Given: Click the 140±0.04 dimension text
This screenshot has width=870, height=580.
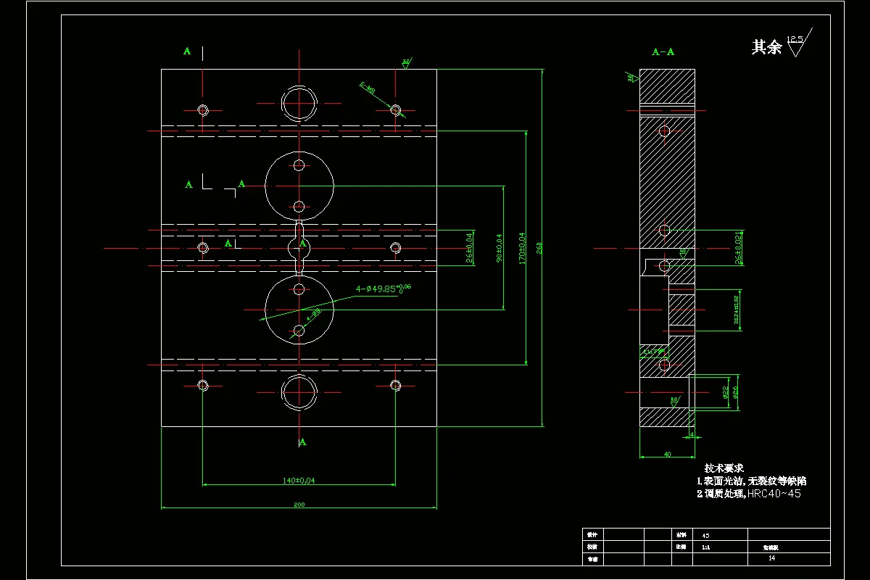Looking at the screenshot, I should pos(299,479).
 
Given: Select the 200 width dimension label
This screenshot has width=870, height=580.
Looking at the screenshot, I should pos(299,505).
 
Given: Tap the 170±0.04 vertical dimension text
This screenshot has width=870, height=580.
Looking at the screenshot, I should pos(522,247).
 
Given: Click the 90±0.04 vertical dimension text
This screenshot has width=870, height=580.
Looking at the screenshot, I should pos(500,247).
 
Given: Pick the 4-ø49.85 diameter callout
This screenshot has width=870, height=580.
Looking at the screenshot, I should pos(383,288).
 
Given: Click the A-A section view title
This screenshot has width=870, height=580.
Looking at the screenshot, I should pos(663,51).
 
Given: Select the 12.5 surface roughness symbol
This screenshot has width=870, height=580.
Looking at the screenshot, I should pos(798,43).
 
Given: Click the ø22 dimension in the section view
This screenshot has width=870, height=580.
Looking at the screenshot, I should pos(726,393).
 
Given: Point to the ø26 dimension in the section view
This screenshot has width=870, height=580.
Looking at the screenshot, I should pos(735,393).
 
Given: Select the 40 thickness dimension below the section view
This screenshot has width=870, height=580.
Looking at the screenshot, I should pos(667,454).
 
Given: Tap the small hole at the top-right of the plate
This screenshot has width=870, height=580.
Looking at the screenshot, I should pos(395,109).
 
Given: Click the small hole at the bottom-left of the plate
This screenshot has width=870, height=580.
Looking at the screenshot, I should pos(203,385).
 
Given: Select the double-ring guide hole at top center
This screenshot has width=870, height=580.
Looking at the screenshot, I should pos(299,103).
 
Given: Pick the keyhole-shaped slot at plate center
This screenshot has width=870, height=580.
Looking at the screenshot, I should pos(299,248).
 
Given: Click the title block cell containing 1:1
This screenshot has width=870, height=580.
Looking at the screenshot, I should pos(706,547).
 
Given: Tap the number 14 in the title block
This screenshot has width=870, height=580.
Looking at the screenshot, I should pos(771,558).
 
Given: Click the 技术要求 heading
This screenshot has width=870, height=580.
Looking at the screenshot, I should pos(724,468).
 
